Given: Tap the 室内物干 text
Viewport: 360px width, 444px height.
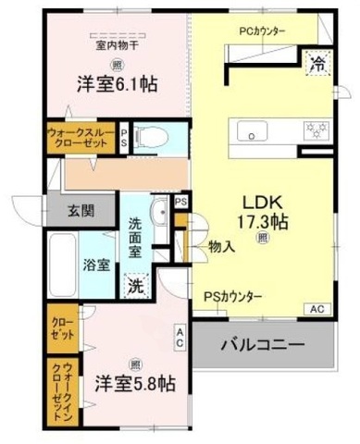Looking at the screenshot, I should [115, 43].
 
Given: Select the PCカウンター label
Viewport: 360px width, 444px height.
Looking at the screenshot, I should [262, 31].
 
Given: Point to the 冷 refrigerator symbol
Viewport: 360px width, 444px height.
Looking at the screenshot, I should [317, 64].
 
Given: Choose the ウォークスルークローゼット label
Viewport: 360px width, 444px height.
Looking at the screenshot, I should [81, 138].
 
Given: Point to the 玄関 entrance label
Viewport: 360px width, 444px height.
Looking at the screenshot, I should [81, 210].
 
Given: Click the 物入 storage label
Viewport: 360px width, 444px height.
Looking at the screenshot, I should [220, 247].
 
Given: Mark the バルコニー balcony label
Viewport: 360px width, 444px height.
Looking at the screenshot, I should [262, 347].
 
